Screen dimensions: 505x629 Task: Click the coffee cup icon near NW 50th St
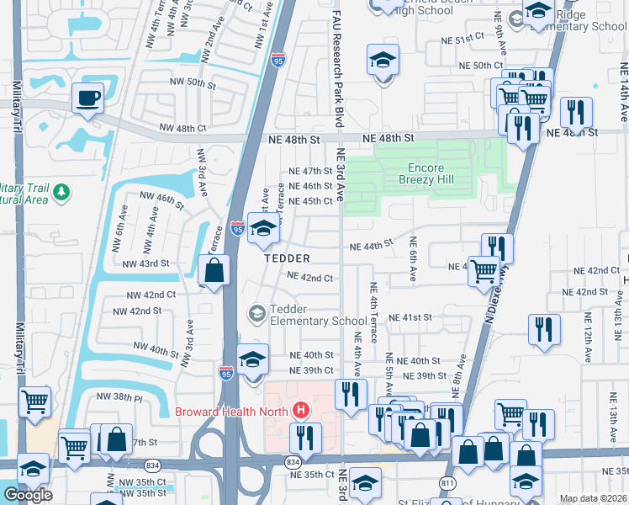click(87, 98)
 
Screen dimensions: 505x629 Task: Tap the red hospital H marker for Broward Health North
click(300, 412)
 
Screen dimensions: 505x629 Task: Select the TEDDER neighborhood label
click(288, 258)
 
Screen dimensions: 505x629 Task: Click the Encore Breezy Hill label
click(425, 174)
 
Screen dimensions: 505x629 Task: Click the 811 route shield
click(447, 483)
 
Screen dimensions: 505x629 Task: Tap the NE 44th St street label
click(371, 245)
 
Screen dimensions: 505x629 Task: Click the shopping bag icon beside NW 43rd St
click(215, 270)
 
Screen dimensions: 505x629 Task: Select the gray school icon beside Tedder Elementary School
click(256, 314)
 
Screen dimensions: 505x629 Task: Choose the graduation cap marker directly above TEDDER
click(263, 229)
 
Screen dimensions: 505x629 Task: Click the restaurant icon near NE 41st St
click(544, 329)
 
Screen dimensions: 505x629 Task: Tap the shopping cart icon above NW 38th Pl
click(34, 402)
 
